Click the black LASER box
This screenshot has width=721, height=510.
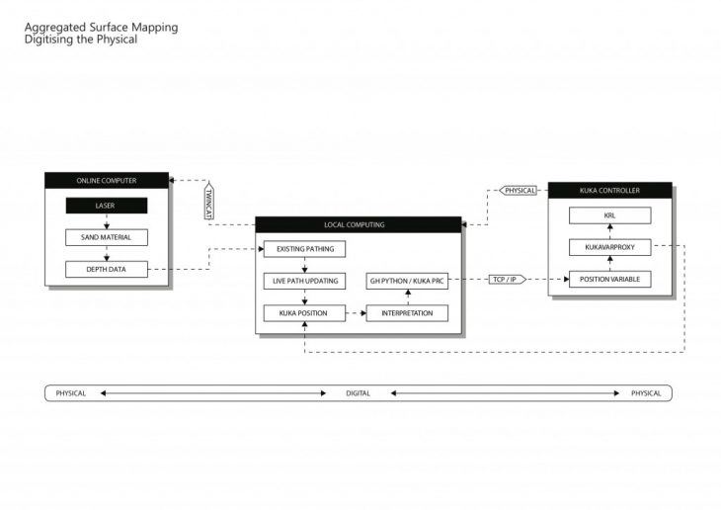106,206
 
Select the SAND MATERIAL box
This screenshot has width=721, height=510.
106,237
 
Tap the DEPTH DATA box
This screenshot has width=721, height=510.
106,269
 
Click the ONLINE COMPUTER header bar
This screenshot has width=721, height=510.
106,180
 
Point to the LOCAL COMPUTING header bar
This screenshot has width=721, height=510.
358,224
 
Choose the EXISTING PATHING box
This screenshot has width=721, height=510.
304,249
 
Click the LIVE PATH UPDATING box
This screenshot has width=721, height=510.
304,281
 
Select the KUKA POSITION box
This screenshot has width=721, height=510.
304,313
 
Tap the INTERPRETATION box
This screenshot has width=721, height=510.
407,313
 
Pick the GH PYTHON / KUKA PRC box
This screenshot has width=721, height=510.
407,281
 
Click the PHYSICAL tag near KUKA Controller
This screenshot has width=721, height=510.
519,190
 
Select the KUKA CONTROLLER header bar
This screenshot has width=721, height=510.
609,189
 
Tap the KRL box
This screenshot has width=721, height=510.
609,215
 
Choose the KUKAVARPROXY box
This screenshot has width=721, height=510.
609,247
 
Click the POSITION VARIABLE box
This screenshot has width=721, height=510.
609,280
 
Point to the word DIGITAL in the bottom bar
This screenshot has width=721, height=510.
358,393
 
